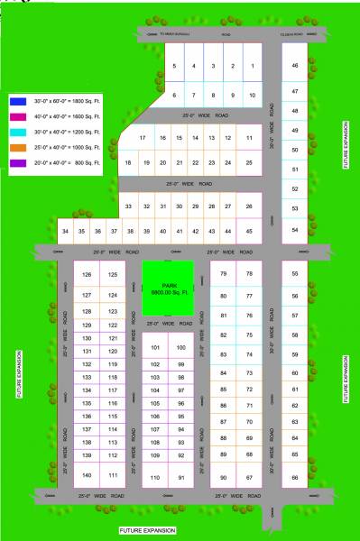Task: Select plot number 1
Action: [252, 66]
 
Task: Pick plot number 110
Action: [155, 477]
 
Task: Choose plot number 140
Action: [87, 474]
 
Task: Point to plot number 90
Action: [224, 477]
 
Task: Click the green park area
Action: [168, 287]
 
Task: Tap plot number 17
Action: [143, 137]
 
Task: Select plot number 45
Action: [250, 232]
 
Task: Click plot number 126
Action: [87, 274]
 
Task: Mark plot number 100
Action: [180, 347]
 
